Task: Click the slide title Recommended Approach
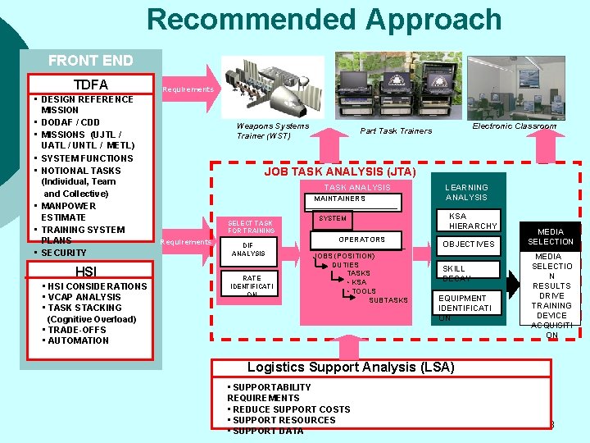(324, 19)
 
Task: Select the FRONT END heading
(90, 60)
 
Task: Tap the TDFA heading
(91, 84)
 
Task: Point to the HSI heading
(86, 272)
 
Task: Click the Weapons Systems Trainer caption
(273, 130)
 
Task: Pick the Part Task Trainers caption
(396, 131)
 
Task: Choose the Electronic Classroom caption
(514, 126)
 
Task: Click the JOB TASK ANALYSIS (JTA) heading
(340, 171)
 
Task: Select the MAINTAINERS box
(340, 199)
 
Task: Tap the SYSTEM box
(333, 219)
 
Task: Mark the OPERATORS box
(361, 240)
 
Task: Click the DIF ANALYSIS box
(248, 249)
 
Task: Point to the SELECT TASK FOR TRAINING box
(251, 226)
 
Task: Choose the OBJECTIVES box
(468, 244)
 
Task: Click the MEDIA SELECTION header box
(551, 237)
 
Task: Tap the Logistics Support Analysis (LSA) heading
(351, 367)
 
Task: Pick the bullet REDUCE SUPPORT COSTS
(291, 409)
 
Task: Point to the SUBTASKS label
(388, 300)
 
